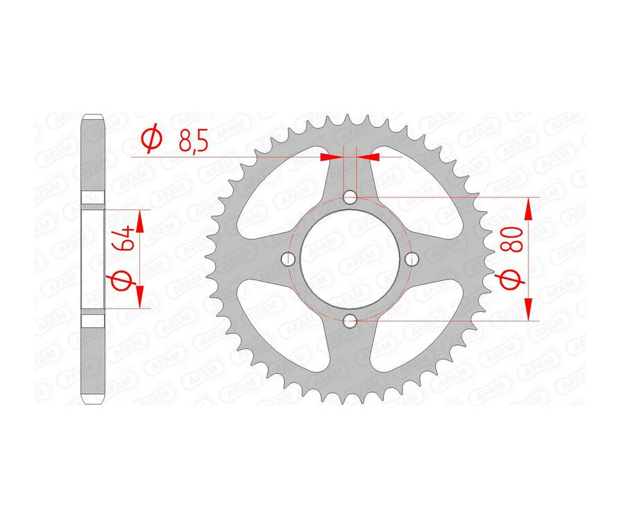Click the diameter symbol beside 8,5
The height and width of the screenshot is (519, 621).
click(x=151, y=139)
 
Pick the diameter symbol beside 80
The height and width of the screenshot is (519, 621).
click(x=511, y=282)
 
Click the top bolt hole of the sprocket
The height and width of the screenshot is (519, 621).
click(x=351, y=197)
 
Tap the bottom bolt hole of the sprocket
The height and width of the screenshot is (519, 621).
click(x=351, y=320)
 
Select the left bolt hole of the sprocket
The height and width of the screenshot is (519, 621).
click(x=288, y=259)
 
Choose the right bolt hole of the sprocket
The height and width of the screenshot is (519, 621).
click(x=413, y=259)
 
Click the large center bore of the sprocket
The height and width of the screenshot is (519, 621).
click(x=351, y=259)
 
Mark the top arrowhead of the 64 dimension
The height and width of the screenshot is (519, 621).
click(x=140, y=219)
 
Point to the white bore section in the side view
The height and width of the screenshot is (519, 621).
click(x=93, y=259)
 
